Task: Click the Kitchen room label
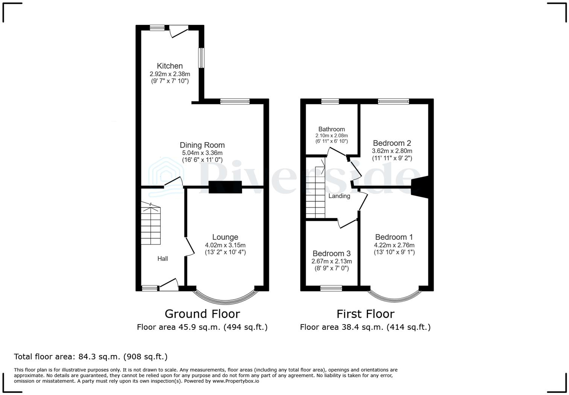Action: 170,66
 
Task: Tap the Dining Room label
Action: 202,145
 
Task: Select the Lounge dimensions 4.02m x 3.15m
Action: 225,245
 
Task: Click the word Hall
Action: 163,259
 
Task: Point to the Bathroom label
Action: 331,129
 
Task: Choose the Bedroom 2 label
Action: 392,143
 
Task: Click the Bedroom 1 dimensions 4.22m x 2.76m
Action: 394,245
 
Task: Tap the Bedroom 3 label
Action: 331,254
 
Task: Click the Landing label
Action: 339,196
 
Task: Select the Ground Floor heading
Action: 202,314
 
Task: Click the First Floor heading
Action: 365,314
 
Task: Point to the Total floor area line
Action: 91,357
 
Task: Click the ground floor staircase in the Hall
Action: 151,224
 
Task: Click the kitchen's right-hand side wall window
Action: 202,58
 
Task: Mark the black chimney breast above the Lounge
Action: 225,187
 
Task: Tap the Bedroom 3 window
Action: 331,288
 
